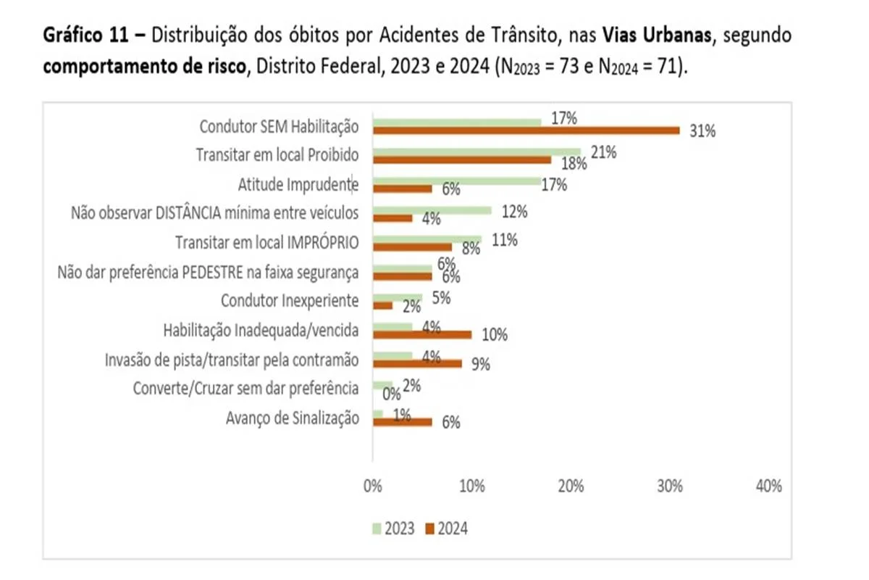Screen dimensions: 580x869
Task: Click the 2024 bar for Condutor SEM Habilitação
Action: pyautogui.click(x=526, y=130)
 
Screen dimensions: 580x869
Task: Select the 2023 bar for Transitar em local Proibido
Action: pyautogui.click(x=477, y=151)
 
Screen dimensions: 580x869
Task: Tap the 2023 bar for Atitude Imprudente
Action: pyautogui.click(x=456, y=181)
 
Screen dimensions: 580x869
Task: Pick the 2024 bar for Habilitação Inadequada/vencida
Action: pyautogui.click(x=421, y=335)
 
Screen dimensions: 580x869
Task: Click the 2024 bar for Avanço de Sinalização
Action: pyautogui.click(x=402, y=422)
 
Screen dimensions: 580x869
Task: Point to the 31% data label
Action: pyautogui.click(x=702, y=131)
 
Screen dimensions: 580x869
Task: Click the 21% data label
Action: pyautogui.click(x=603, y=152)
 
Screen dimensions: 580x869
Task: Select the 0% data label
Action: pyautogui.click(x=392, y=394)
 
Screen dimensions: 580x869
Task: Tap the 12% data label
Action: pyautogui.click(x=514, y=212)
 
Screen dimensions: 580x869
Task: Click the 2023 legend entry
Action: pyautogui.click(x=394, y=529)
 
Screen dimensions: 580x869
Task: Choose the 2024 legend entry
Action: pyautogui.click(x=446, y=529)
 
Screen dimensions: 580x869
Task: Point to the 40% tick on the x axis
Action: pyautogui.click(x=768, y=486)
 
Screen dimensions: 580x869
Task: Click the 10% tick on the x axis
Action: pyautogui.click(x=471, y=486)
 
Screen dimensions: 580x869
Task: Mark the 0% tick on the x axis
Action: pyautogui.click(x=372, y=486)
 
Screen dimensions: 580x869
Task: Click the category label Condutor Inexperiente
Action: pyautogui.click(x=290, y=300)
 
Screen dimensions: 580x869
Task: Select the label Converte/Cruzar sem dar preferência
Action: pyautogui.click(x=246, y=388)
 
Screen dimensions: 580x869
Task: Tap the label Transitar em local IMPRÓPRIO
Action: pyautogui.click(x=267, y=241)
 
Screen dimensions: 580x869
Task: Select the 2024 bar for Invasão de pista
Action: pyautogui.click(x=417, y=364)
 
